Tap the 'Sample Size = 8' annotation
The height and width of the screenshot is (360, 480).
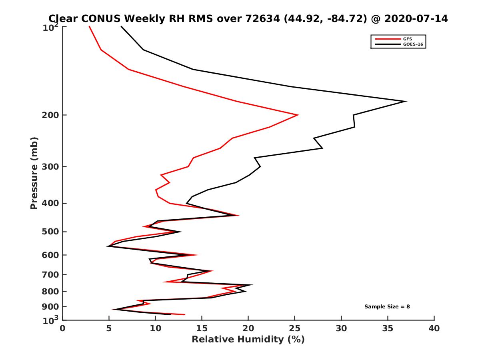tap(387, 307)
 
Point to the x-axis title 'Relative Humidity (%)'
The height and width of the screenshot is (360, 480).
tap(248, 340)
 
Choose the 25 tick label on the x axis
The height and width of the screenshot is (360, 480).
tap(295, 328)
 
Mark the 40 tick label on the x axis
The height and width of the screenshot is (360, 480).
tap(434, 328)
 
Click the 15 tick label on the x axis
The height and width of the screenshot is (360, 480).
tap(202, 328)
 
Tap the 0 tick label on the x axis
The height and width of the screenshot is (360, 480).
tap(63, 328)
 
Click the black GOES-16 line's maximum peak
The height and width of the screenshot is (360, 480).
tap(406, 101)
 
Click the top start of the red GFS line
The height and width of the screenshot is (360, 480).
tap(89, 26)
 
